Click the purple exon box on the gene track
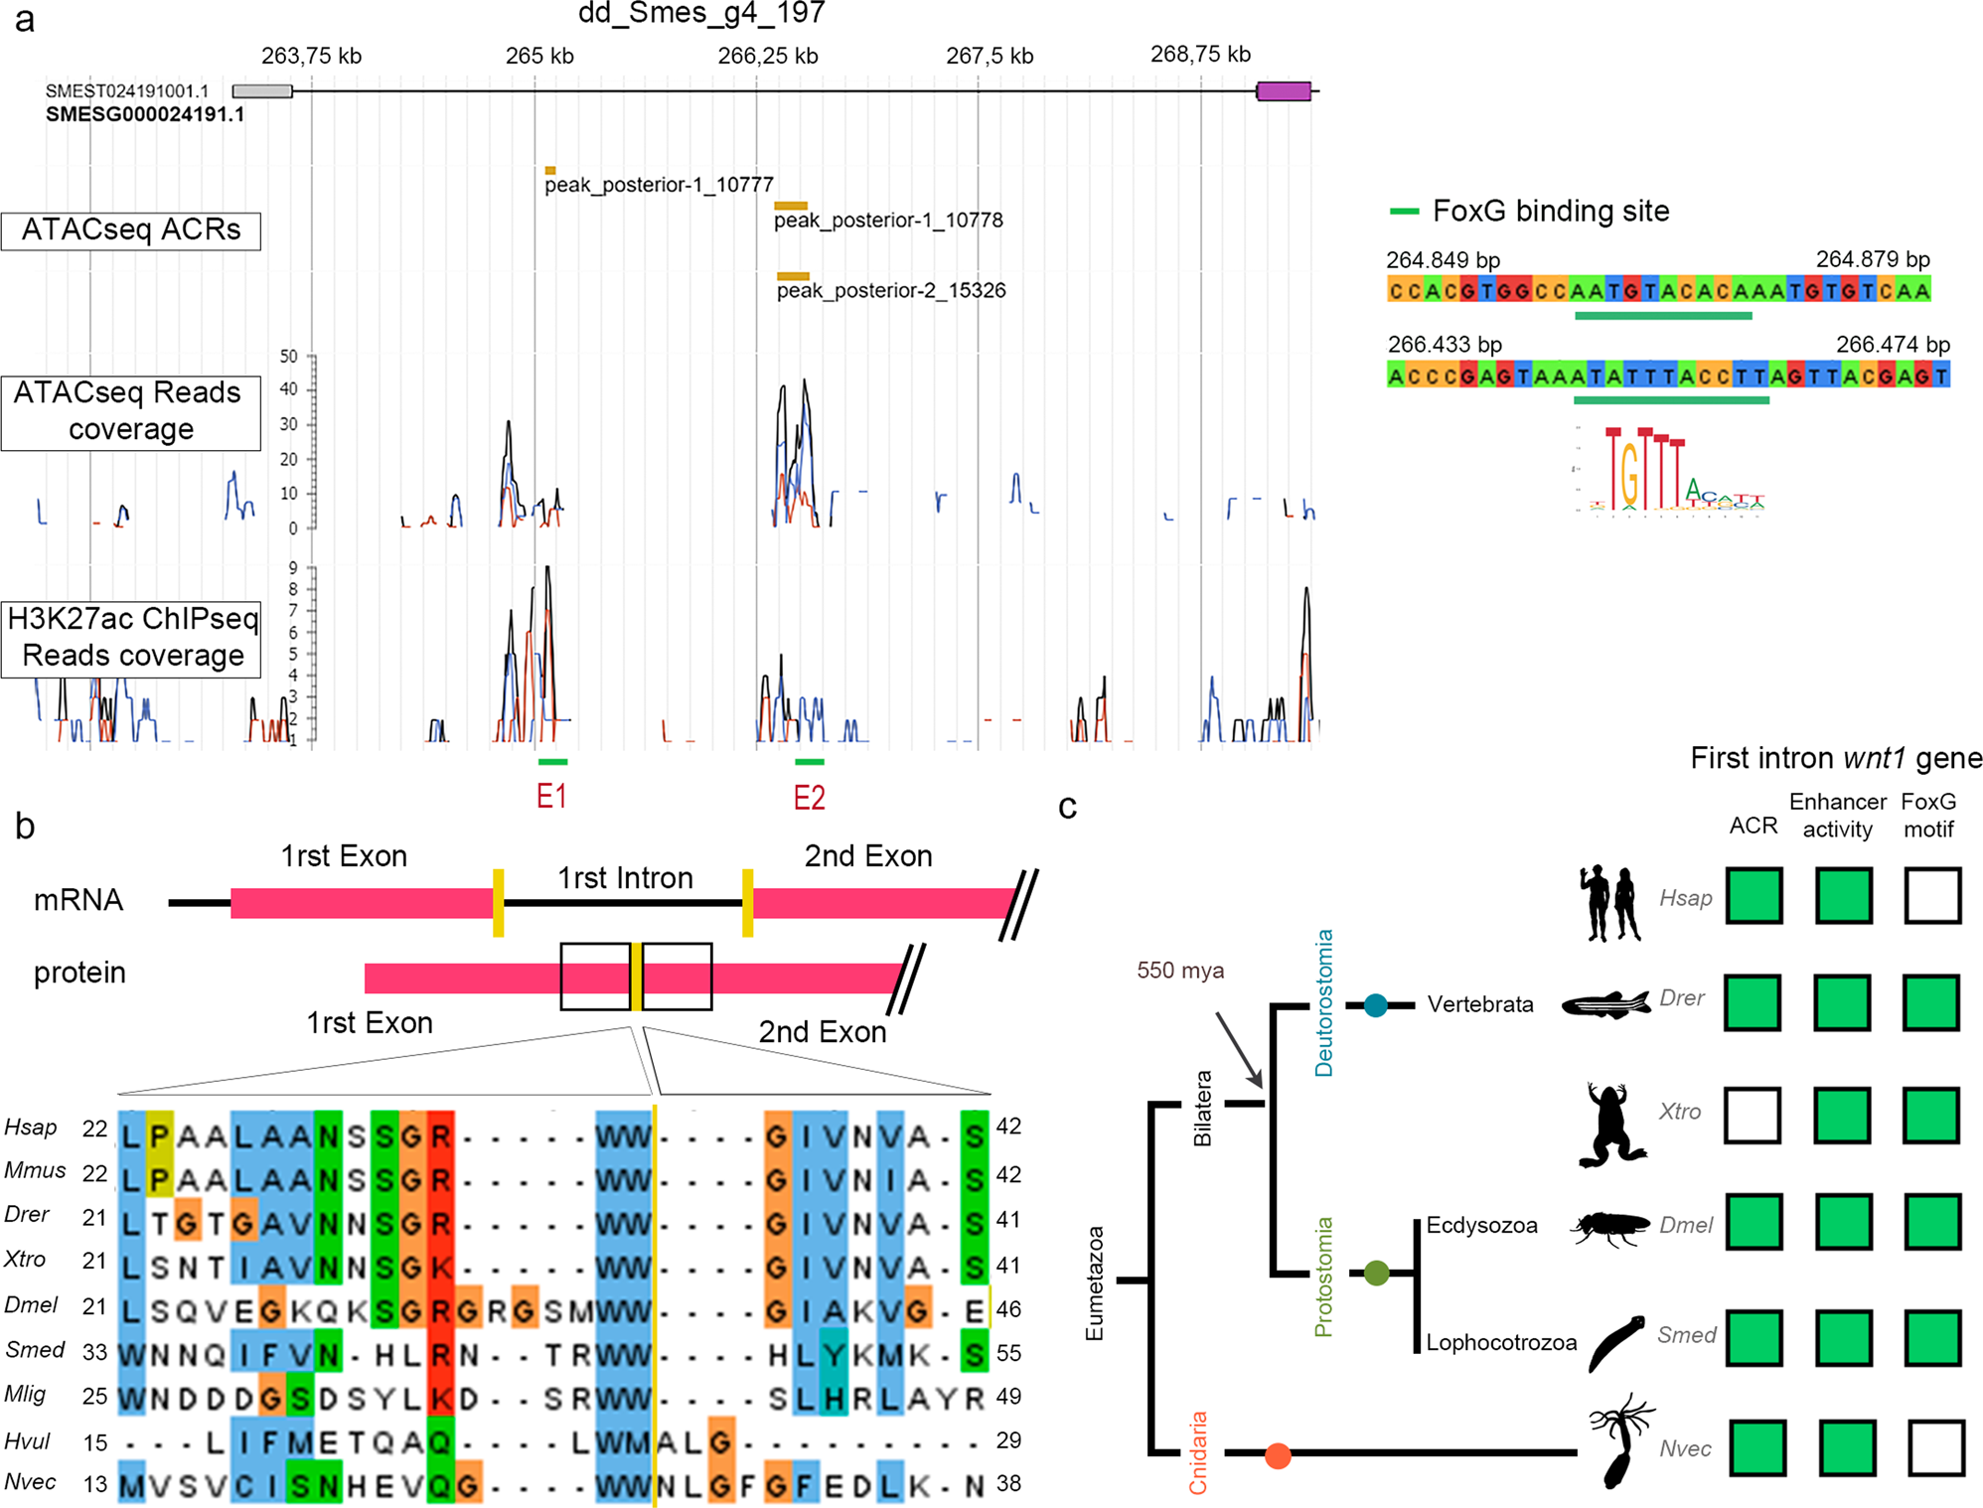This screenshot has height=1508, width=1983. click(1283, 91)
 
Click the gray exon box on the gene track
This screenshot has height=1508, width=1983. click(262, 91)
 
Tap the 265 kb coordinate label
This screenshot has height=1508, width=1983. click(539, 56)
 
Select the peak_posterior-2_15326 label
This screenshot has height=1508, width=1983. click(891, 291)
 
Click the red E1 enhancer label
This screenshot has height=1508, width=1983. click(551, 797)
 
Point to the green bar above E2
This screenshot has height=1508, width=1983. click(809, 762)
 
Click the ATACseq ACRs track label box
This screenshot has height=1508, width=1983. click(131, 230)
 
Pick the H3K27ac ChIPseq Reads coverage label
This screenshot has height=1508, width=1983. click(131, 638)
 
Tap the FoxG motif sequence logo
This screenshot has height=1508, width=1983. click(1670, 470)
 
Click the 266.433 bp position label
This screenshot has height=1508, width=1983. click(1445, 345)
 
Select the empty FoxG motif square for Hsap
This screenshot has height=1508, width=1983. click(1932, 895)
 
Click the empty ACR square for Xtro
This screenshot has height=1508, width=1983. click(1753, 1115)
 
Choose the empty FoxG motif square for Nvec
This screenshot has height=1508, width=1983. click(1936, 1447)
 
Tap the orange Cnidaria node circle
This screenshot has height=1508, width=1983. click(1278, 1456)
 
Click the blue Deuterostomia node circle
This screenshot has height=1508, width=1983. click(1375, 1005)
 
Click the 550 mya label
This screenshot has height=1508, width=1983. click(1180, 971)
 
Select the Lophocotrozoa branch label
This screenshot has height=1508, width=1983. click(1501, 1343)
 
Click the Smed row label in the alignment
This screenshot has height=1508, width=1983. click(35, 1350)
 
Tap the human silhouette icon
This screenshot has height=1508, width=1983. click(1609, 902)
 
